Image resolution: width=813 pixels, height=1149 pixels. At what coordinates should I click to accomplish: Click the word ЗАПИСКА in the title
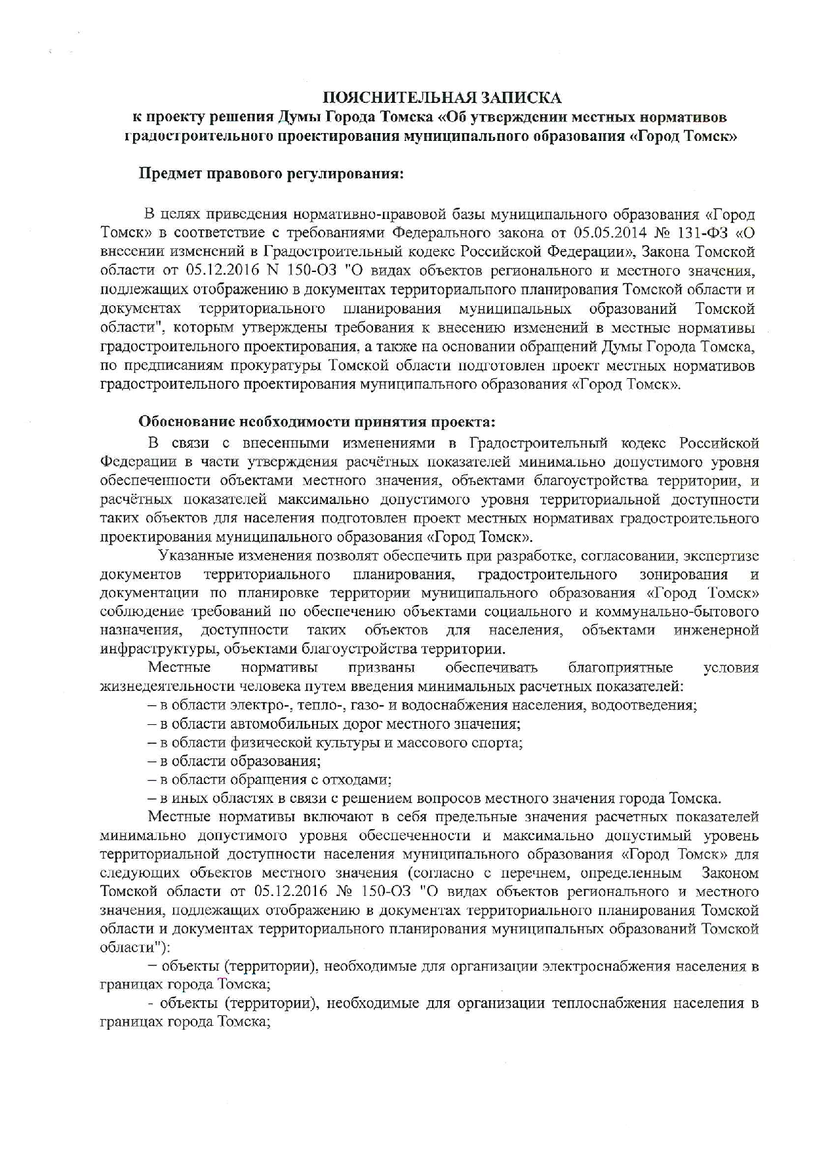pyautogui.click(x=521, y=98)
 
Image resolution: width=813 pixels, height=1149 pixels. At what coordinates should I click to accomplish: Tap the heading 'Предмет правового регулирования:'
pyautogui.click(x=271, y=174)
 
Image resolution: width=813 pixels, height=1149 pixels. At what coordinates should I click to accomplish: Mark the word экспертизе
pyautogui.click(x=721, y=556)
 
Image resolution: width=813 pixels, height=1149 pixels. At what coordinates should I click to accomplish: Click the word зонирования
pyautogui.click(x=683, y=575)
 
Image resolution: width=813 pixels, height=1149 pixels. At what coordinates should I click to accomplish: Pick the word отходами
pyautogui.click(x=357, y=780)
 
